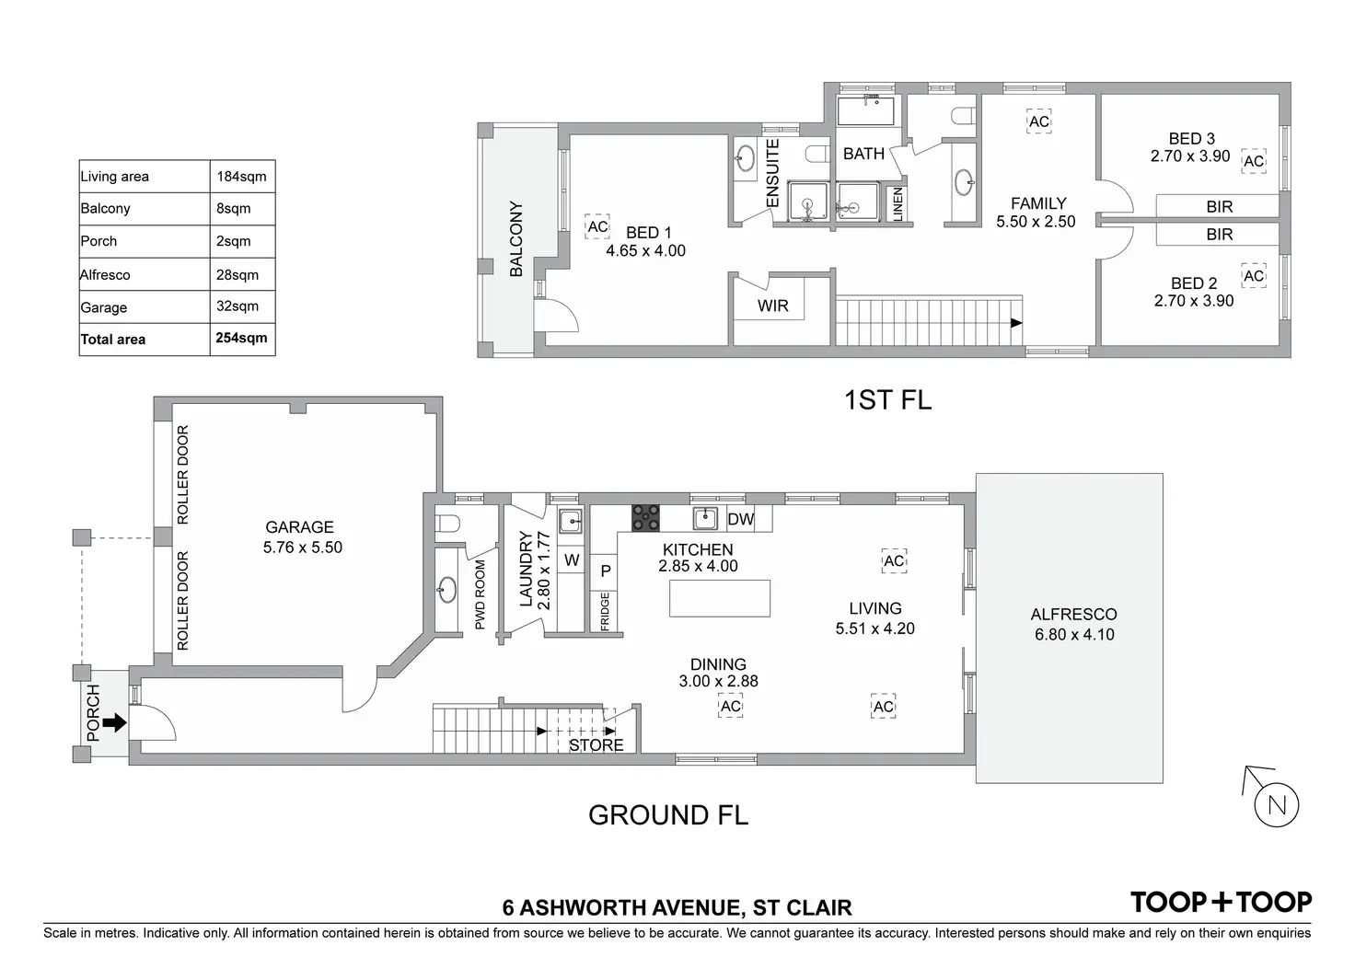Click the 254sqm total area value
(x=241, y=338)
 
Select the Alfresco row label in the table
(x=105, y=274)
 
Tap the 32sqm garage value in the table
(x=237, y=306)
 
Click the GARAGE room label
(x=299, y=527)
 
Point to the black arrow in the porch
(x=114, y=723)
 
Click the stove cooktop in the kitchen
(x=645, y=518)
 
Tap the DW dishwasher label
(x=741, y=519)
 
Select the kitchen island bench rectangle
(x=719, y=598)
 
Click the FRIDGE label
(x=605, y=611)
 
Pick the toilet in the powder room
(x=448, y=525)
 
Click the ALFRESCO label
(x=1073, y=615)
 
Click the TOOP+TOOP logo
(x=1221, y=903)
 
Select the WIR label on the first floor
(x=773, y=306)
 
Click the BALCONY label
(x=516, y=239)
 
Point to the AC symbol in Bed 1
(x=597, y=226)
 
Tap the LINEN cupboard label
(x=898, y=203)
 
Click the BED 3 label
(x=1191, y=139)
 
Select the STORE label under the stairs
(x=596, y=745)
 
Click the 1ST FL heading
(x=887, y=400)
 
